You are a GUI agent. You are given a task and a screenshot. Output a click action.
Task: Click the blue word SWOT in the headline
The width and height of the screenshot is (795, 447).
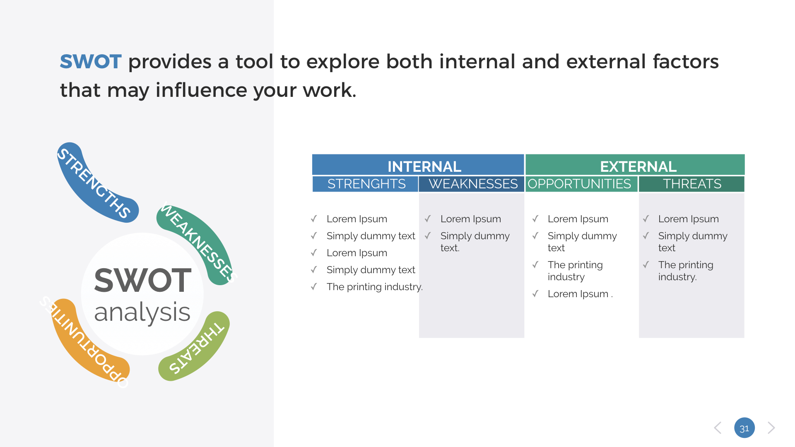(91, 62)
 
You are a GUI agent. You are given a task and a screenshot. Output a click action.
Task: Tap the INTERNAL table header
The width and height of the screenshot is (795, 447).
(424, 166)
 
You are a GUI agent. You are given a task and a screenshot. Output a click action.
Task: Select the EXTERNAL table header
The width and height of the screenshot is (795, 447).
(638, 166)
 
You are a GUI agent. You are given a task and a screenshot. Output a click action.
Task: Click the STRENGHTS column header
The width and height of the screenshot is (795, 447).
(366, 184)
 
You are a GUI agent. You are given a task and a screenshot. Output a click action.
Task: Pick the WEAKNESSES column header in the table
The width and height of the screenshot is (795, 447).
(473, 184)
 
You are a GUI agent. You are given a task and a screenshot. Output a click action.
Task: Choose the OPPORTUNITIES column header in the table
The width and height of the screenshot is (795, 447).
(579, 184)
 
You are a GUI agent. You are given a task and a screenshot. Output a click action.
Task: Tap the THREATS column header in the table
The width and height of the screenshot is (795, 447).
(692, 184)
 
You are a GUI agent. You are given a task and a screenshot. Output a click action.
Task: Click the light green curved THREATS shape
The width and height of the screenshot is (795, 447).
(197, 348)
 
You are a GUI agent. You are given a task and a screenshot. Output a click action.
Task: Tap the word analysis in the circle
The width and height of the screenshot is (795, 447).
(142, 312)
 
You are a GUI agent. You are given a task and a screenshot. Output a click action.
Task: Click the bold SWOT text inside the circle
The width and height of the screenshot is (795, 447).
(142, 281)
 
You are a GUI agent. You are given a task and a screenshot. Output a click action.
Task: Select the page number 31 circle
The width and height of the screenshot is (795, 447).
(744, 428)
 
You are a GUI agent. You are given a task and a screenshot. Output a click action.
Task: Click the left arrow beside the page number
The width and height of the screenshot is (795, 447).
(718, 428)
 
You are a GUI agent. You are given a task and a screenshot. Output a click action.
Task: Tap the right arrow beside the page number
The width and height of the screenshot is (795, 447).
(771, 428)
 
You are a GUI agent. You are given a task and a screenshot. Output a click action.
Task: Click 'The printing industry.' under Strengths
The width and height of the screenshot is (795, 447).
(374, 287)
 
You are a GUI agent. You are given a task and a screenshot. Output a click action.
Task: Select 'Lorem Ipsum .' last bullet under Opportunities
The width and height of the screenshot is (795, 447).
(580, 294)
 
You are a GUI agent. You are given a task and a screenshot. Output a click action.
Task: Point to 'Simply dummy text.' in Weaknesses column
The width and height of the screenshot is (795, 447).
(475, 242)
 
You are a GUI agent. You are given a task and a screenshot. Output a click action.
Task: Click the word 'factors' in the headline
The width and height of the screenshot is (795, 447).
(685, 62)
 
